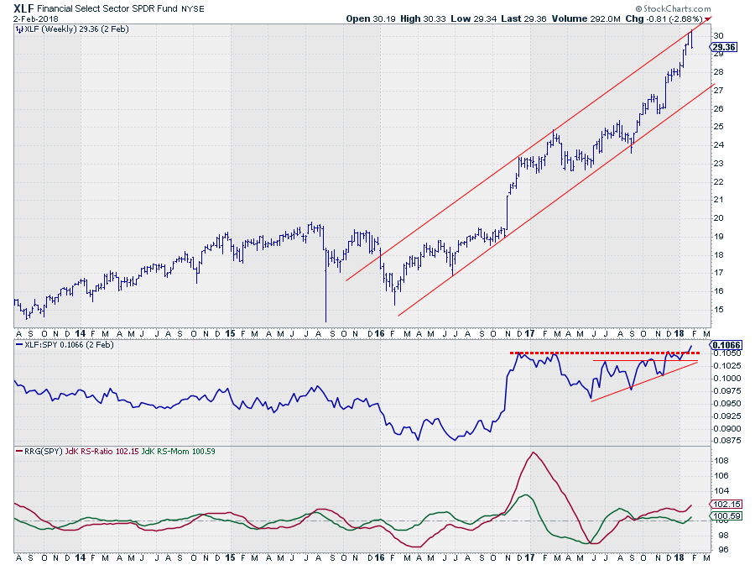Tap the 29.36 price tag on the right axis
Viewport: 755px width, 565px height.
724,47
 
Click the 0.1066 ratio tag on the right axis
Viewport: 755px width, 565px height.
725,345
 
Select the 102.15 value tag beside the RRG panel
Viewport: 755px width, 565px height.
725,505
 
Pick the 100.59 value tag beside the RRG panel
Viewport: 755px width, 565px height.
725,515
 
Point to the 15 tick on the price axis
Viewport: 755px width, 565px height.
718,310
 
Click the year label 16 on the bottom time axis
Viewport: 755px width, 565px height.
379,557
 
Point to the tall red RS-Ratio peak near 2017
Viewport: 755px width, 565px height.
533,453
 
